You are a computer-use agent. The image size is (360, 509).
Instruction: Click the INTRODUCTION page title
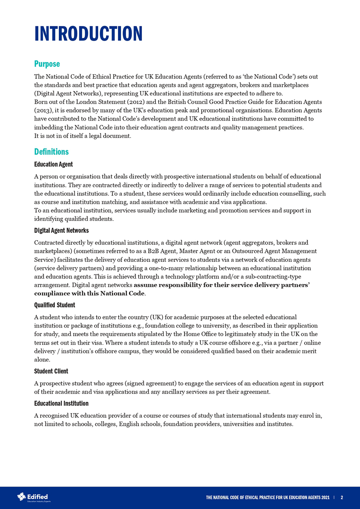88,34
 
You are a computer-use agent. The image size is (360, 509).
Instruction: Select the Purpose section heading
47,63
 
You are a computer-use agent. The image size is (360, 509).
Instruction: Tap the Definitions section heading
51,151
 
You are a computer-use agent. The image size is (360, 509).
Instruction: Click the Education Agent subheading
53,164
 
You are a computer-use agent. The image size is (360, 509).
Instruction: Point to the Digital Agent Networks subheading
61,231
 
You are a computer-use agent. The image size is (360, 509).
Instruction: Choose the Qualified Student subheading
55,305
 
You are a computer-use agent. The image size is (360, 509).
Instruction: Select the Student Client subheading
51,371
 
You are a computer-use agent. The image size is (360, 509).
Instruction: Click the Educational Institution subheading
61,404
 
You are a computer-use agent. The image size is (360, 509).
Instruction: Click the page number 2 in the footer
342,497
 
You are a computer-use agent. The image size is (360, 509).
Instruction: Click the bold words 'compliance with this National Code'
89,294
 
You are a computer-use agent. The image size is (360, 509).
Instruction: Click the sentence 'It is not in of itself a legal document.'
83,136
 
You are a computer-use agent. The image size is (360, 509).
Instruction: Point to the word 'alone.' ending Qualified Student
42,359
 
